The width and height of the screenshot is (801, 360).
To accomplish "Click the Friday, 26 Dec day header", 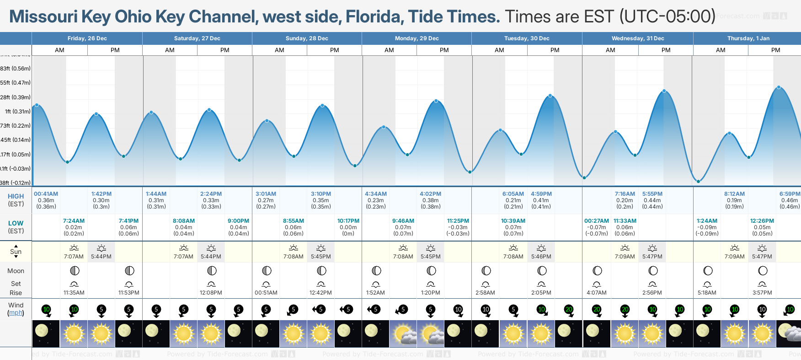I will tap(87, 38).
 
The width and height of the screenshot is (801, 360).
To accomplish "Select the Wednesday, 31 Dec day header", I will tap(637, 38).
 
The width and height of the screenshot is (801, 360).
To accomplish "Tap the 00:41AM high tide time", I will tap(46, 194).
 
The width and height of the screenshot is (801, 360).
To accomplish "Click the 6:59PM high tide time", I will tap(790, 194).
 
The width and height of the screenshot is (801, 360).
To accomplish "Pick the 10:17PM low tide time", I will tap(348, 221).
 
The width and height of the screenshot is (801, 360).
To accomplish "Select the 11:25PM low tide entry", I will tap(458, 221).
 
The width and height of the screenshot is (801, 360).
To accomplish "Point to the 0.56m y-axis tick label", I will tap(16, 69).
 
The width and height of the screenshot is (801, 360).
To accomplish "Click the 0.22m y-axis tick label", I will tap(16, 126).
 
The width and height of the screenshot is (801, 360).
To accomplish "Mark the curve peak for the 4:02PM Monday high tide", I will tap(436, 101).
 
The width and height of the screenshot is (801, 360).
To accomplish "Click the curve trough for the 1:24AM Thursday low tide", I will tap(699, 182).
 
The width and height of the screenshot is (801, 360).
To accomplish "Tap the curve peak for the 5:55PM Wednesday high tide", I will tap(664, 91).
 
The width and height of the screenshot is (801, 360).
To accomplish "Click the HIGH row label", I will tap(16, 196).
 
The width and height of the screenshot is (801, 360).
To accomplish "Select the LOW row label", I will tap(16, 223).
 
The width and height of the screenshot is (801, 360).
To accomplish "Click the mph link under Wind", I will tap(16, 313).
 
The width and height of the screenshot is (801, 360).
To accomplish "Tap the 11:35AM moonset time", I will tap(74, 293).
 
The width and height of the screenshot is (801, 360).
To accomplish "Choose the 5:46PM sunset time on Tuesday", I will tap(541, 257).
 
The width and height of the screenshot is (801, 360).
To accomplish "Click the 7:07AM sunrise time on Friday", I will tap(74, 257).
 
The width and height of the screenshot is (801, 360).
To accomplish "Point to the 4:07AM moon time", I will tap(596, 293).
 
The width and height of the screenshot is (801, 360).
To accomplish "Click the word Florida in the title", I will tap(374, 17).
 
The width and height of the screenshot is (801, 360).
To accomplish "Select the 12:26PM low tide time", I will tap(762, 221).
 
